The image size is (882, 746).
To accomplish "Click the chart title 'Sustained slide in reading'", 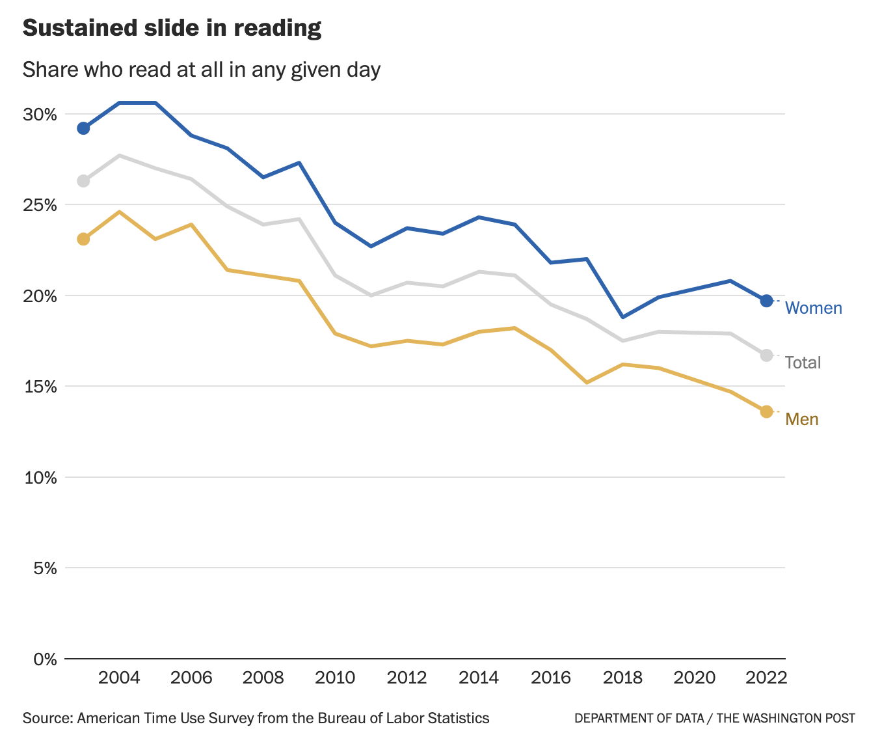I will tap(172, 28).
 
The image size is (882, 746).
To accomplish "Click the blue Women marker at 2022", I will tap(766, 301).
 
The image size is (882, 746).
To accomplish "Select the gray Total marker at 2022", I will tap(766, 355).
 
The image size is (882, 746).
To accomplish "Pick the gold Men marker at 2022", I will tap(766, 411).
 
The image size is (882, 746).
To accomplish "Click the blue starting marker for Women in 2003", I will tap(83, 128).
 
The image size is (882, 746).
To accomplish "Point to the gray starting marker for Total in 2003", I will tap(83, 181).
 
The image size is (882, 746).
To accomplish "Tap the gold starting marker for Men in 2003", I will tap(83, 239).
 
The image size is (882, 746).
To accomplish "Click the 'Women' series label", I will tap(813, 308).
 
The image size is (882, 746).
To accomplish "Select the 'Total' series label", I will tap(803, 363).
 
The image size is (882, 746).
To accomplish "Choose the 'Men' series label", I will tap(801, 419).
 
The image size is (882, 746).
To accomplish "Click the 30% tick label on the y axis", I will tap(40, 115).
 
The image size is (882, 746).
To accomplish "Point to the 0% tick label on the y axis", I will tap(44, 659).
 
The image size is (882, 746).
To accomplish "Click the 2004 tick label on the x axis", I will tap(119, 678).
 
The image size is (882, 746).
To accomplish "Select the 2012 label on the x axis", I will tap(407, 678).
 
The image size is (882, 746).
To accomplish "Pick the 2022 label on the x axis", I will tap(766, 678).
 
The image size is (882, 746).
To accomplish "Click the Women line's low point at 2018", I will tap(623, 317).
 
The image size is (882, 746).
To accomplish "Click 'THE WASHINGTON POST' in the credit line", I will tap(786, 718).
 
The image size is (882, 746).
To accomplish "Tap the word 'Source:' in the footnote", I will tap(47, 718).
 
